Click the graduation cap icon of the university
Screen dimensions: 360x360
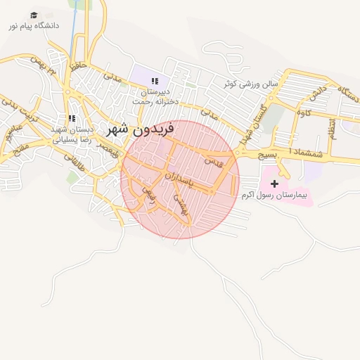34,15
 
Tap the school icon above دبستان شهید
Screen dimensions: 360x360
72,118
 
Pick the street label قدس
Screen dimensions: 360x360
213,162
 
